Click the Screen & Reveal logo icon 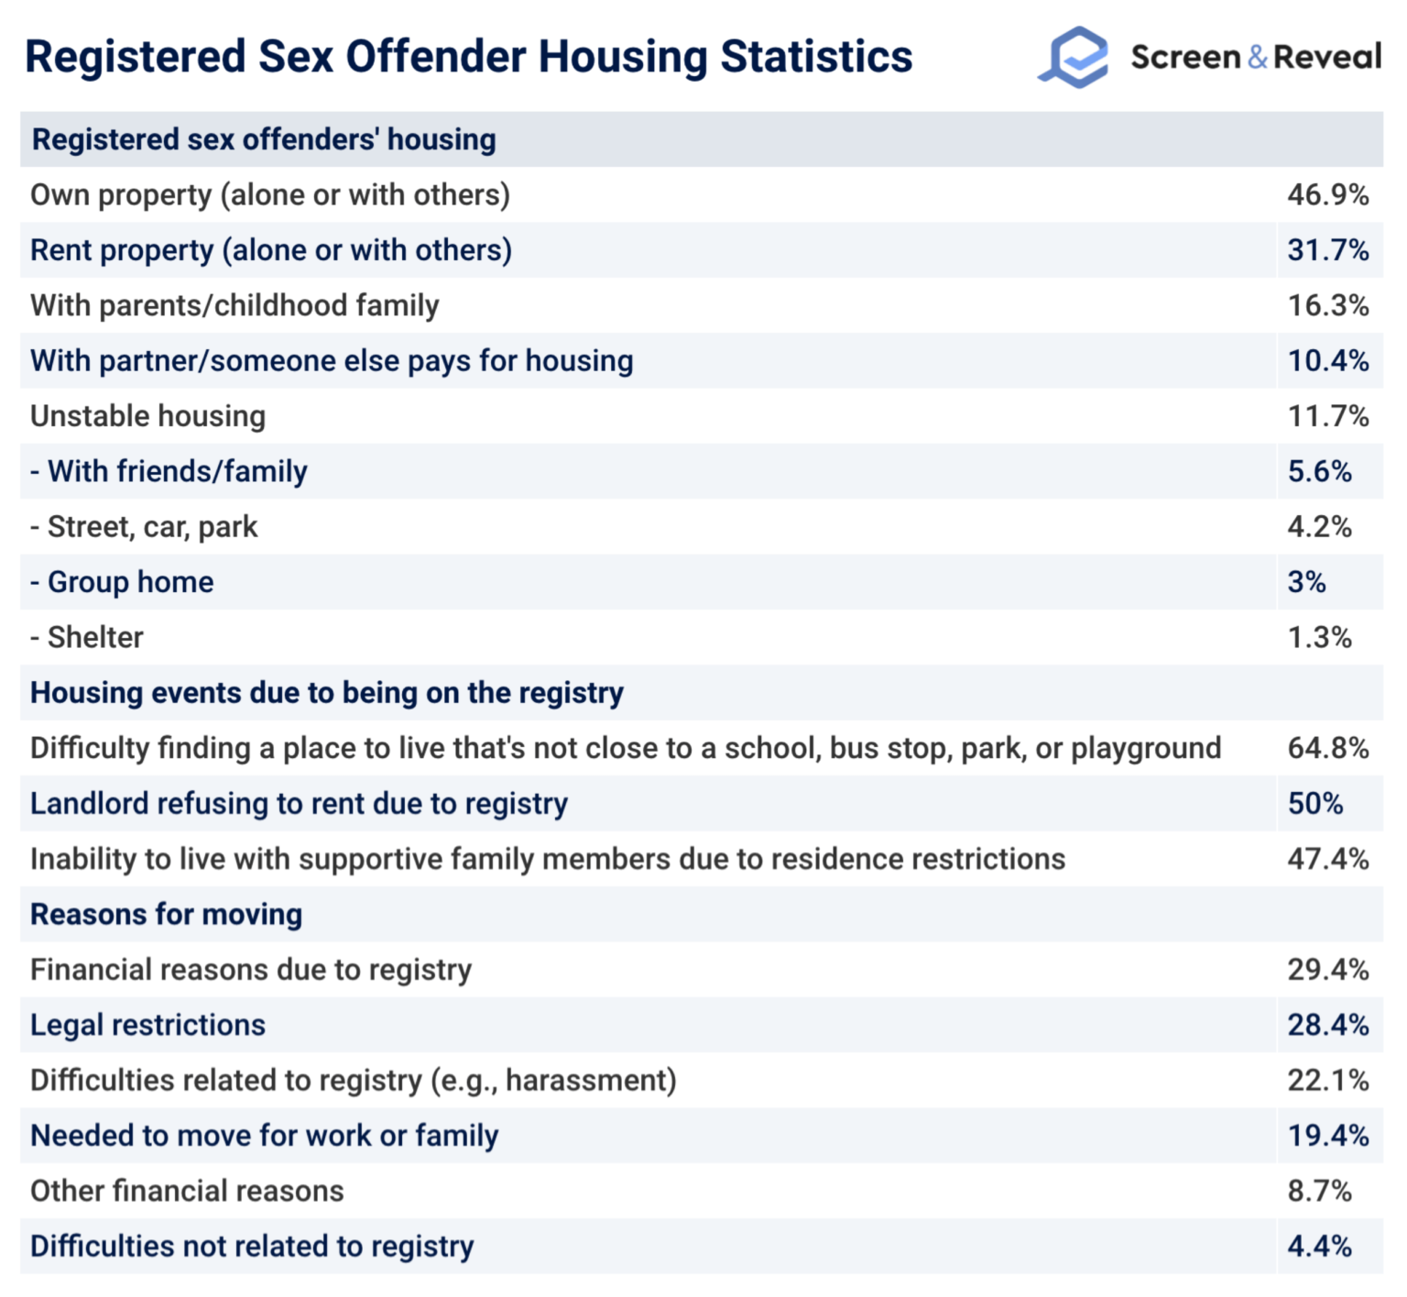[x=1074, y=57]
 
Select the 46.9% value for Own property [x=1327, y=195]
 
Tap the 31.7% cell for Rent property [x=1327, y=250]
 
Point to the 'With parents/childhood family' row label [x=234, y=305]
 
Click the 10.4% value [x=1327, y=361]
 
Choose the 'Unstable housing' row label [x=147, y=416]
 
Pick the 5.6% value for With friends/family [x=1319, y=471]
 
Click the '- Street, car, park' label [x=144, y=527]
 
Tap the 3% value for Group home [x=1306, y=582]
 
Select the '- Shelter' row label [x=87, y=637]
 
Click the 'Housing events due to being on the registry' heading [x=327, y=693]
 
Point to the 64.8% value [x=1327, y=748]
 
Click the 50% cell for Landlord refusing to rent [x=1314, y=804]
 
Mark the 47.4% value [x=1327, y=859]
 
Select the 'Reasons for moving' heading [x=166, y=915]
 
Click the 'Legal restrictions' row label [x=147, y=1025]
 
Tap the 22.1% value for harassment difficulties [x=1327, y=1080]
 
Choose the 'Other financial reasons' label [x=187, y=1191]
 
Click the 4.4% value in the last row [x=1319, y=1247]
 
